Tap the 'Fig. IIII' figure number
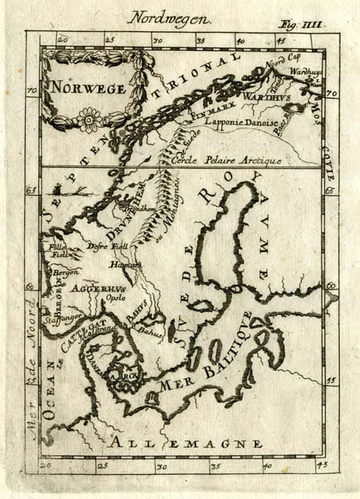pyautogui.click(x=302, y=24)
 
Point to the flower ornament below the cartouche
pyautogui.click(x=88, y=120)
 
